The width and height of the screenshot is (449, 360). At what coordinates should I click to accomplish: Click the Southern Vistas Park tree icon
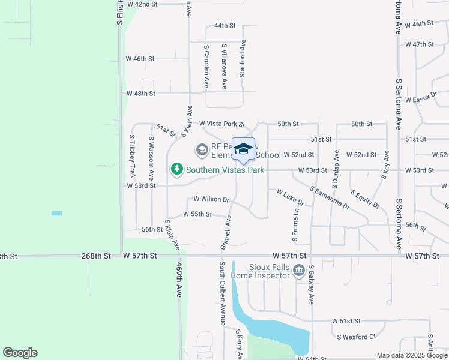click(x=177, y=170)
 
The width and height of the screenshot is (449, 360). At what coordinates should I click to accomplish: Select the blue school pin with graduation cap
click(x=243, y=149)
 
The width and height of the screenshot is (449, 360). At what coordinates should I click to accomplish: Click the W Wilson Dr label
click(x=211, y=199)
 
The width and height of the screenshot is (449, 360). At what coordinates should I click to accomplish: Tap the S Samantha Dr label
click(x=330, y=197)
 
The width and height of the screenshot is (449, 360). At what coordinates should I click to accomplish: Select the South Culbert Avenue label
click(x=222, y=293)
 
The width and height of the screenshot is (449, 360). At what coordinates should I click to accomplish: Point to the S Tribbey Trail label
click(x=131, y=155)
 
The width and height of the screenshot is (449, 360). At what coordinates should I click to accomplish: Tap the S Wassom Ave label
click(x=151, y=158)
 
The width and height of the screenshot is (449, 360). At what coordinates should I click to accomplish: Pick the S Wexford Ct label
click(x=356, y=337)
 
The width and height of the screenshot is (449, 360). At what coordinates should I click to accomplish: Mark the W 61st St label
click(x=346, y=322)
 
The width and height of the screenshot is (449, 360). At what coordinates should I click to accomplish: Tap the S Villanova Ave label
click(x=224, y=66)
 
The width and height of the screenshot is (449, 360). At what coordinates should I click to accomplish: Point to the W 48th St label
click(x=141, y=94)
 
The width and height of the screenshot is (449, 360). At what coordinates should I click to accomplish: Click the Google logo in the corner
click(x=20, y=353)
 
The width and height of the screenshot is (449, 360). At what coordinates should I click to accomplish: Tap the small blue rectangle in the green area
click(x=56, y=213)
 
